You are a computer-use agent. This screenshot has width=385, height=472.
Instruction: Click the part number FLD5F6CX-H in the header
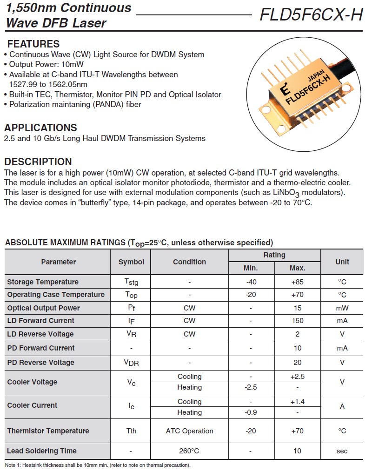coord(311,15)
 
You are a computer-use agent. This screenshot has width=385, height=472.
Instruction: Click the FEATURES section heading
coord(33,44)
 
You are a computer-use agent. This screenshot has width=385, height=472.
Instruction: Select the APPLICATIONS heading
coord(40,128)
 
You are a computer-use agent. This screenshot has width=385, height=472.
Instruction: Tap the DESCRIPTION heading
coord(38,162)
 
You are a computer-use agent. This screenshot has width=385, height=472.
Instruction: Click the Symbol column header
coord(131,262)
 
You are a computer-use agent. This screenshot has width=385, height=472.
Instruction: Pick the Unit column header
coord(342,262)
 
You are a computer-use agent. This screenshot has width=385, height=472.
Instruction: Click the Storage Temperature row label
coord(43,282)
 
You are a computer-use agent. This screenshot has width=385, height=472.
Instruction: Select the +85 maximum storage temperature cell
coord(298,282)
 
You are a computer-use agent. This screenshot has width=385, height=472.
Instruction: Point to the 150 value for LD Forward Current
coord(298,321)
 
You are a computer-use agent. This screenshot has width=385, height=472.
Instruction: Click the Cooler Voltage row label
coord(32,382)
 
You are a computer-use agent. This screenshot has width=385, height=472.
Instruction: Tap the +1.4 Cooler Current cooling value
coord(298,402)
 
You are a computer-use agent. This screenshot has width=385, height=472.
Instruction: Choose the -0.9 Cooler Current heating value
coord(251,412)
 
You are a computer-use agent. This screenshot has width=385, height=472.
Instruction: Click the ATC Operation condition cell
coord(189,431)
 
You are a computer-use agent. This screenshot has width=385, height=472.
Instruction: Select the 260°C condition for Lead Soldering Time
coord(189,451)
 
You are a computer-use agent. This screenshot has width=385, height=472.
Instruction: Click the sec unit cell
coord(342,451)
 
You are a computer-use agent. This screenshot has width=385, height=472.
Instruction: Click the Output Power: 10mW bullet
coord(46,65)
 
